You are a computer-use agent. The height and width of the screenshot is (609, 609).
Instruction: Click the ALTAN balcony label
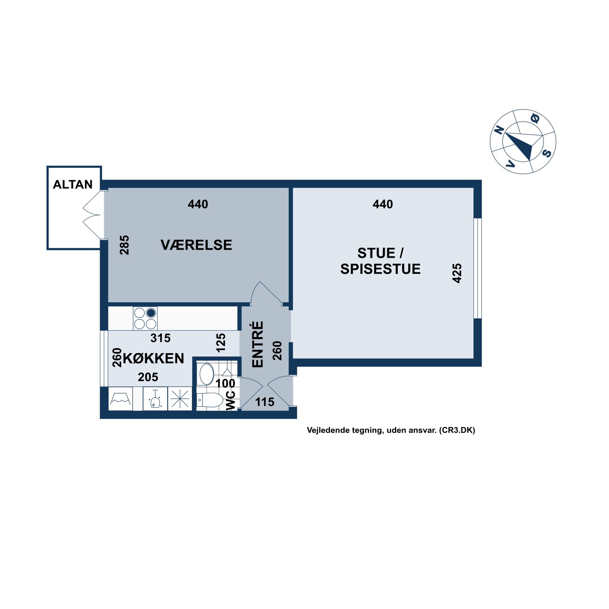(73, 184)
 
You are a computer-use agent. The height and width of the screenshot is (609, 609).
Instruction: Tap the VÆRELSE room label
(196, 245)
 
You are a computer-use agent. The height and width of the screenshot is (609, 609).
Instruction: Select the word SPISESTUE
(380, 269)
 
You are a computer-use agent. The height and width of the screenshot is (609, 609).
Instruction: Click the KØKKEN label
(154, 358)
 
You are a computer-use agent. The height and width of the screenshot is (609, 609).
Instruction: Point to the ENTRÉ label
(258, 344)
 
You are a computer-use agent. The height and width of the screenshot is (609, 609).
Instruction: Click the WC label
(230, 401)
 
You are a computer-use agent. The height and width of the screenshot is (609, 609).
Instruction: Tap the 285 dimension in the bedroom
(124, 245)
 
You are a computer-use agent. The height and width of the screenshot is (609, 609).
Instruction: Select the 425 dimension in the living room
(457, 273)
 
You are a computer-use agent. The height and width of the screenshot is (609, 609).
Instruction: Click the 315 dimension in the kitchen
(161, 338)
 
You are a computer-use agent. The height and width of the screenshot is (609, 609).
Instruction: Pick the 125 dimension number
(221, 343)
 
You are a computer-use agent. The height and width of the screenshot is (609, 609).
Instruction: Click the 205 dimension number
(148, 377)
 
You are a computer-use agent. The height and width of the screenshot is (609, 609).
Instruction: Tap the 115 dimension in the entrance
(265, 402)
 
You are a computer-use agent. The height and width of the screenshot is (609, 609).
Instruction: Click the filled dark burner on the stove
(151, 313)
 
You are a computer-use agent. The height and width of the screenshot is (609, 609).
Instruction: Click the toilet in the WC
(210, 399)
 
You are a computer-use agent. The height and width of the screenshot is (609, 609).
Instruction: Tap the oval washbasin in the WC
(207, 374)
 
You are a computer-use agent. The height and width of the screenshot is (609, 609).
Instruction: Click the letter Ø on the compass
(535, 118)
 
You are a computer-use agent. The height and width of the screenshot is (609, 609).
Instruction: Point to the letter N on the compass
(499, 130)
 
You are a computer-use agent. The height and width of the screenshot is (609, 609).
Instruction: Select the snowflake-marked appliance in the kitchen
(180, 399)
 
